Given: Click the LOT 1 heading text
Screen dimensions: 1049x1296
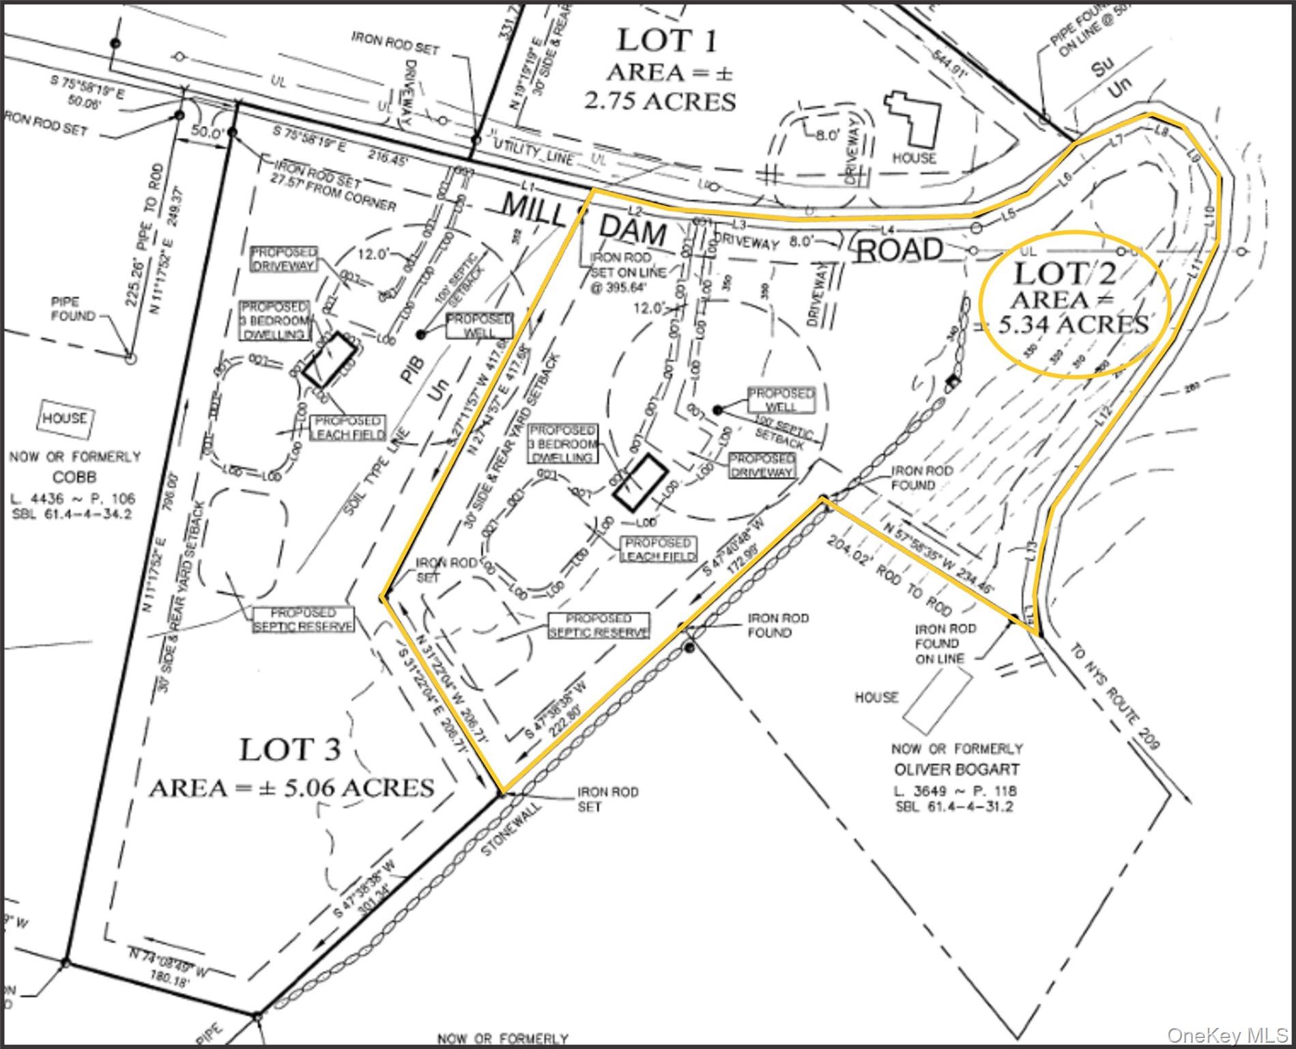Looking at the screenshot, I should [x=667, y=40].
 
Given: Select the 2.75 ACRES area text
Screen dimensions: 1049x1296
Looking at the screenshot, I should [x=660, y=101].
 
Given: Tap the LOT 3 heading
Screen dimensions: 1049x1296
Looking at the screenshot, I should [x=289, y=750].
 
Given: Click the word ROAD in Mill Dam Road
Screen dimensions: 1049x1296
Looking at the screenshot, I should [x=898, y=251].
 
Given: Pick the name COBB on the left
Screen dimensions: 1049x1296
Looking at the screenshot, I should [x=75, y=477].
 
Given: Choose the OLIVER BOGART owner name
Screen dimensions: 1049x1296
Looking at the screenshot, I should [x=957, y=769].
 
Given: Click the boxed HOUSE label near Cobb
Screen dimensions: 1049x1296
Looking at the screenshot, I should [x=66, y=419].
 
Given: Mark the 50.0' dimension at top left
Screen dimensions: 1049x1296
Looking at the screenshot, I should [x=203, y=132].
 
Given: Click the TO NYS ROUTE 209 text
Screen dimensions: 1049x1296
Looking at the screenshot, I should [x=1114, y=696].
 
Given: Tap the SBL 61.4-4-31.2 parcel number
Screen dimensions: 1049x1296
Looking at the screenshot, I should [x=956, y=807].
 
